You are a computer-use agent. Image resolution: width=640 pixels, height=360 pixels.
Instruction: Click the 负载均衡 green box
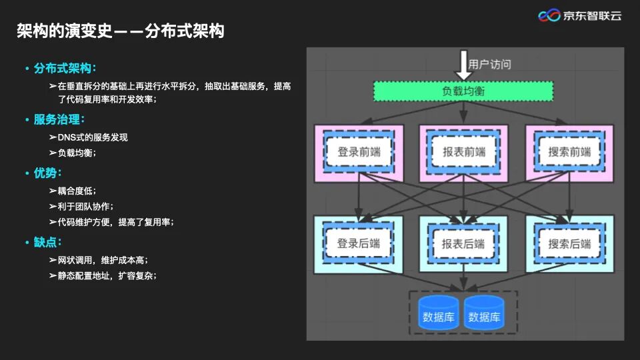point(463,91)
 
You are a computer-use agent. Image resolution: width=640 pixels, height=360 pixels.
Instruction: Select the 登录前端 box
point(359,151)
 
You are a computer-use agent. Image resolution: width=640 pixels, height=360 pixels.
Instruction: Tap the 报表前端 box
point(464,151)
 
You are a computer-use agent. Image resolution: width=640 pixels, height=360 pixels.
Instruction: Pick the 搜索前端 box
point(569,151)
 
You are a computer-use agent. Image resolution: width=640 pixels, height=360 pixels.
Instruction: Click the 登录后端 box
point(359,243)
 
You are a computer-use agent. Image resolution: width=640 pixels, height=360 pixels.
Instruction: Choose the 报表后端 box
point(464,243)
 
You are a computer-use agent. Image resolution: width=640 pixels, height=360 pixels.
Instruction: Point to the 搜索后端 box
point(569,243)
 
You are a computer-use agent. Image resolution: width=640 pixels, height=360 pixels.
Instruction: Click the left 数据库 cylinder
point(437,313)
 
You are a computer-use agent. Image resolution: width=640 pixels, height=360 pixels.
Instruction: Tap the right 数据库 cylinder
point(484,313)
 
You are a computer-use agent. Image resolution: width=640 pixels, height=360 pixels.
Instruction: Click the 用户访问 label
point(490,65)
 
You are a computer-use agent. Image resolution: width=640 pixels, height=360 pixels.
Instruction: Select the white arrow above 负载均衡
point(463,65)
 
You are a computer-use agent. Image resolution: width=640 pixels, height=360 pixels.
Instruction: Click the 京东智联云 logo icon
point(549,15)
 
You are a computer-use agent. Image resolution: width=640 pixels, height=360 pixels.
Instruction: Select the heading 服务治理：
point(59,119)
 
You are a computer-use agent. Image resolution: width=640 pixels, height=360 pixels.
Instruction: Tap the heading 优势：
point(48,173)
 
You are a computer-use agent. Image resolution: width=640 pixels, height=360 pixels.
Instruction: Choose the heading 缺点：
point(48,242)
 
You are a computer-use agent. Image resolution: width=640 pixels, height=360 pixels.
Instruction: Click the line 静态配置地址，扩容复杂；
point(107,275)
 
